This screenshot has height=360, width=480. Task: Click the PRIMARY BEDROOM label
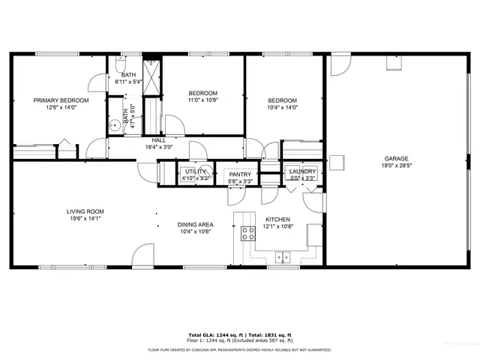click(x=61, y=100)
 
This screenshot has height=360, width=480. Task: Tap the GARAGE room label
click(x=396, y=158)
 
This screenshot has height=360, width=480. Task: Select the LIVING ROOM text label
click(x=85, y=211)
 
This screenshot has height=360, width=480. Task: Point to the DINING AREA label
click(x=195, y=224)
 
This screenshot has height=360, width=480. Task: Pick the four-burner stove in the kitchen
click(x=247, y=233)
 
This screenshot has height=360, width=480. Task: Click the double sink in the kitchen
click(x=283, y=258)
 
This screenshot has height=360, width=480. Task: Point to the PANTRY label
click(x=239, y=174)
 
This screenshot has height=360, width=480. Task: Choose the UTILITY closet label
click(x=195, y=172)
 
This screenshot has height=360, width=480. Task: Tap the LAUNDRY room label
click(x=302, y=172)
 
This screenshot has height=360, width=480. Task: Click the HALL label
click(x=159, y=140)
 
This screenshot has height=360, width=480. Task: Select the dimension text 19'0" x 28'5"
click(x=396, y=166)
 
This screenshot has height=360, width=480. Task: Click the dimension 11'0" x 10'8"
click(x=202, y=100)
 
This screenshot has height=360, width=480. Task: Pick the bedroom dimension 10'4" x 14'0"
click(x=283, y=107)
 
